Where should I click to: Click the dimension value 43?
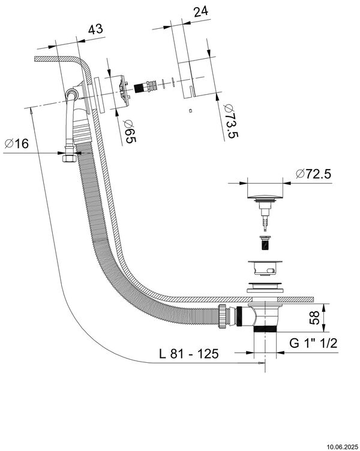point(95,28)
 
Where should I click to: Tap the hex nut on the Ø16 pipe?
point(68,158)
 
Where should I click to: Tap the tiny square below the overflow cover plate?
point(190,110)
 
